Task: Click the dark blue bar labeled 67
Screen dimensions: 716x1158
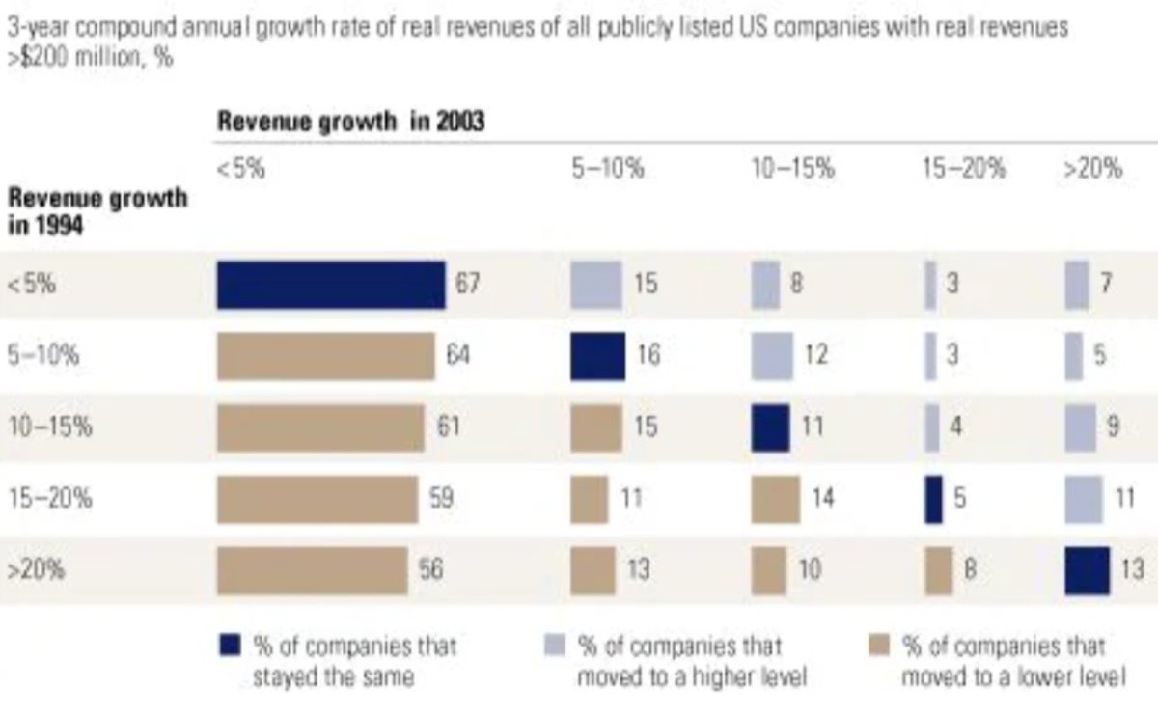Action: pos(331,285)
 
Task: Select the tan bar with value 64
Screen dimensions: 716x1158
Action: pos(326,356)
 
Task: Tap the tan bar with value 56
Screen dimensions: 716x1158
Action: pos(313,570)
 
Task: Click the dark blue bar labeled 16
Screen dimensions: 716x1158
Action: pos(598,356)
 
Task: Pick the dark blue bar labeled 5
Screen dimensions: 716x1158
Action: pos(933,499)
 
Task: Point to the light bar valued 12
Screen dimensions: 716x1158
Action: pos(772,356)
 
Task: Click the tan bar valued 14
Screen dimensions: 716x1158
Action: pos(775,499)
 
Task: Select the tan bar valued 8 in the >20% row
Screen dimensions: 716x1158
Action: pos(938,570)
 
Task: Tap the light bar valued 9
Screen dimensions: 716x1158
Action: pos(1081,427)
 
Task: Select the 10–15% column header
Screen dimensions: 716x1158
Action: pos(792,170)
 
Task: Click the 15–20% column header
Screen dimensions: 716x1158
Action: pos(963,170)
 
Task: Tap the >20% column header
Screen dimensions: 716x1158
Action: pos(1092,170)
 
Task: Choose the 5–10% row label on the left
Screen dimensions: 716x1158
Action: pos(43,356)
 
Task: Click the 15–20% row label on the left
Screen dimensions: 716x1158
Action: pos(49,499)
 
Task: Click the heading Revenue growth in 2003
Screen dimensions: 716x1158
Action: pos(350,123)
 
